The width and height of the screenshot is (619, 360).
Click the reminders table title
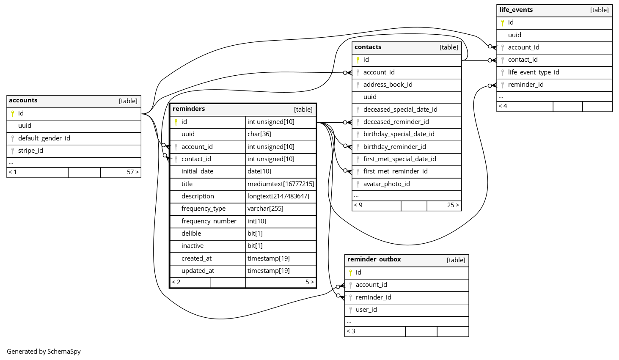click(189, 109)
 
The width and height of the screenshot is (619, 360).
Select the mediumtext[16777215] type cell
click(281, 184)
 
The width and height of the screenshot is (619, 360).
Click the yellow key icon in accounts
click(13, 113)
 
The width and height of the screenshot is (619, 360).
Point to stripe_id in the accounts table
click(30, 151)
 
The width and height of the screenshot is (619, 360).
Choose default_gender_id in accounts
click(44, 138)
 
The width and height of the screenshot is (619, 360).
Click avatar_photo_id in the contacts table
click(386, 184)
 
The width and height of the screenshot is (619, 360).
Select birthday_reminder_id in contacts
click(394, 147)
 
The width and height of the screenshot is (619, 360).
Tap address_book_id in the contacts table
click(388, 85)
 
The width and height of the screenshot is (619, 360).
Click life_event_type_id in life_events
click(533, 72)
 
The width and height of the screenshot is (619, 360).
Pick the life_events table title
click(516, 10)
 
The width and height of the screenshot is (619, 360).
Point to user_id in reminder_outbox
click(366, 310)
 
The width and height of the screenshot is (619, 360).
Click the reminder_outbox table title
click(374, 260)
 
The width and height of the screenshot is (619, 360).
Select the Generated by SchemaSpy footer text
click(44, 352)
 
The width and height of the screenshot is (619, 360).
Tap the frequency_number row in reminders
click(209, 221)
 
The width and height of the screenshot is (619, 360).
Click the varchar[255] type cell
click(265, 209)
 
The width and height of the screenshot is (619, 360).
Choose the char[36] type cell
click(259, 134)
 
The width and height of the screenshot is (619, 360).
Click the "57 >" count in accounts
click(132, 172)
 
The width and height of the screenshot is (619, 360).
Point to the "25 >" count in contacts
click(453, 205)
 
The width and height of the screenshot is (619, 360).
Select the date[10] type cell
click(259, 171)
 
